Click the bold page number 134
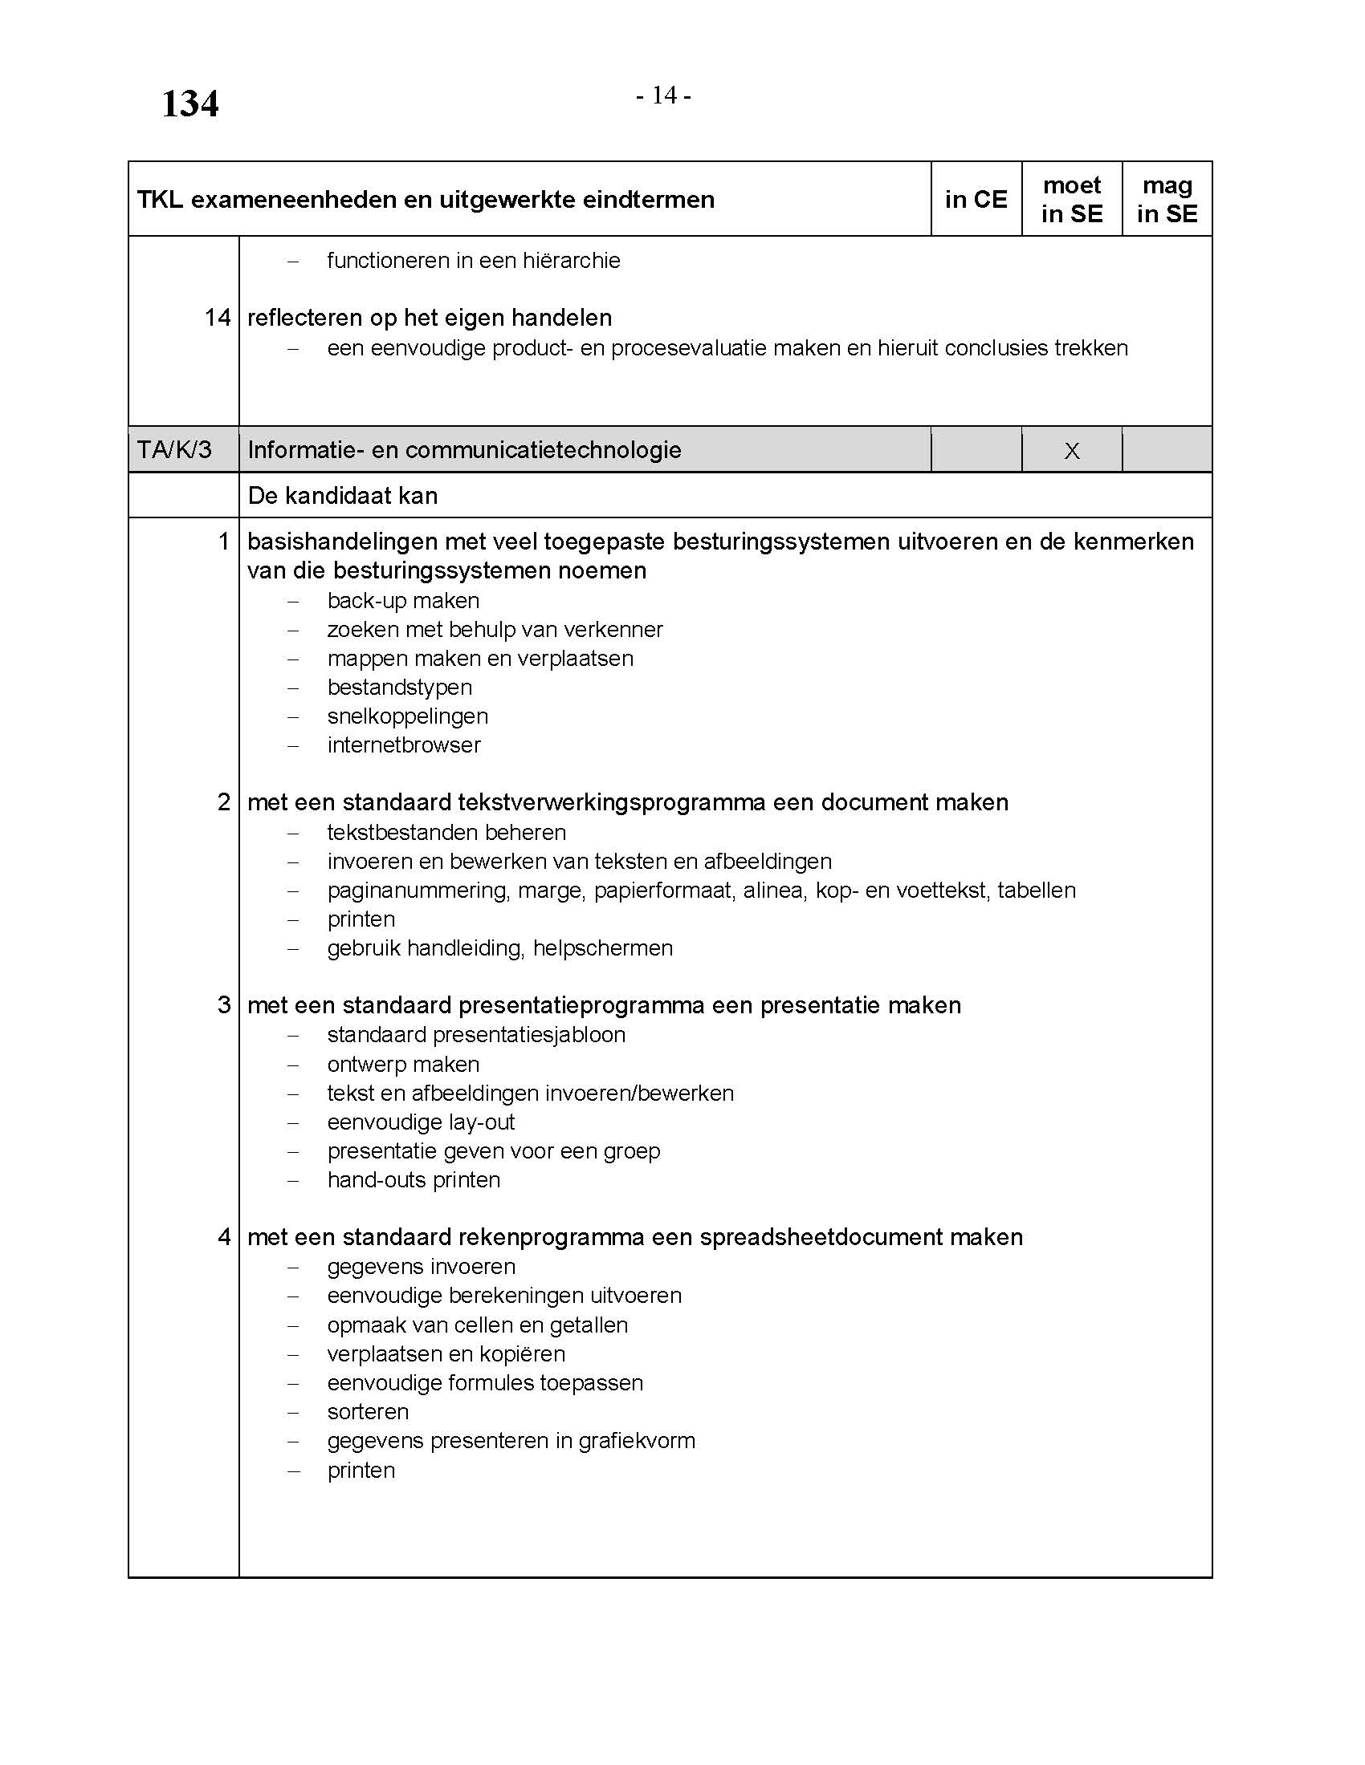coord(190,104)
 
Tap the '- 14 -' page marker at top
coord(663,95)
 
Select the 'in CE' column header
coord(976,200)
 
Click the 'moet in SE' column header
coord(1071,200)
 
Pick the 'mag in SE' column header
coord(1167,200)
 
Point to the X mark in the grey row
coord(1072,451)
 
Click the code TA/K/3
coord(175,449)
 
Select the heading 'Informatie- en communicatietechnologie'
coord(464,450)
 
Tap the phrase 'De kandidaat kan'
coord(343,495)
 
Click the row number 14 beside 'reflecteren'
coord(218,318)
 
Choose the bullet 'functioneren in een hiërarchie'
coord(473,260)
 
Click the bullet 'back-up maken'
coord(403,600)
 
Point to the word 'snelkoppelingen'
coord(408,716)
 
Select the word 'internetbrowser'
coord(404,745)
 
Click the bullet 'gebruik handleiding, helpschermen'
coord(499,948)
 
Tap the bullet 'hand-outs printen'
coord(414,1180)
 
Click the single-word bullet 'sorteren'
coord(368,1412)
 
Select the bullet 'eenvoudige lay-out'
coord(421,1122)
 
